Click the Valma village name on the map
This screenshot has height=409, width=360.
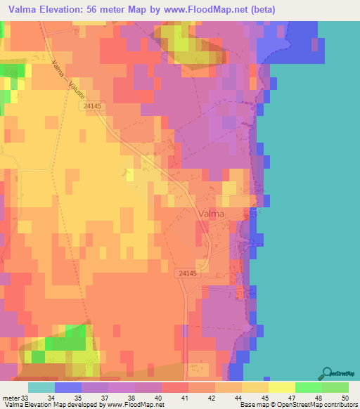coord(212,214)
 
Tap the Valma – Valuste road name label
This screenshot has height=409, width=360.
coord(68,83)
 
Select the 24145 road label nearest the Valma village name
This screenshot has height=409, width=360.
coord(188,273)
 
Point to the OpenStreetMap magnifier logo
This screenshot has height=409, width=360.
coord(327,372)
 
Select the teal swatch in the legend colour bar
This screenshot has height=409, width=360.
coord(41,387)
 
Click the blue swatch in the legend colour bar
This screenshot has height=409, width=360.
coord(67,387)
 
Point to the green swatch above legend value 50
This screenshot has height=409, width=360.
coord(335,387)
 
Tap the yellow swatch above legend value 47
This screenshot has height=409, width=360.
coord(281,387)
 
